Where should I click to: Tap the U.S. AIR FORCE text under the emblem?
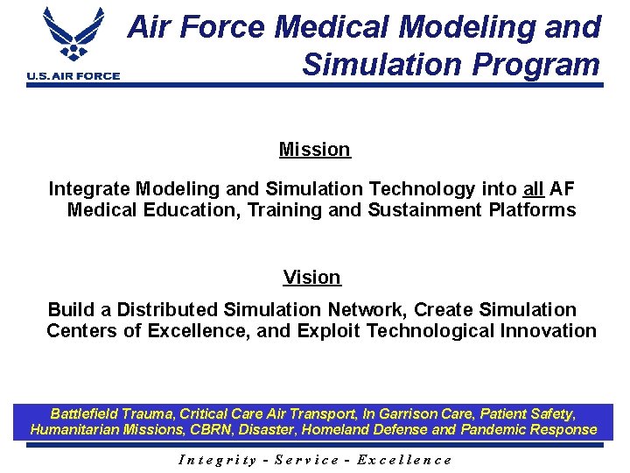(73, 76)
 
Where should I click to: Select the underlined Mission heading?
(314, 150)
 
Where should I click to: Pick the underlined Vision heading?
(311, 278)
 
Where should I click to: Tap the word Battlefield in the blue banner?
(87, 413)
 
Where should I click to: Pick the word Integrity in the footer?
(217, 460)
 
